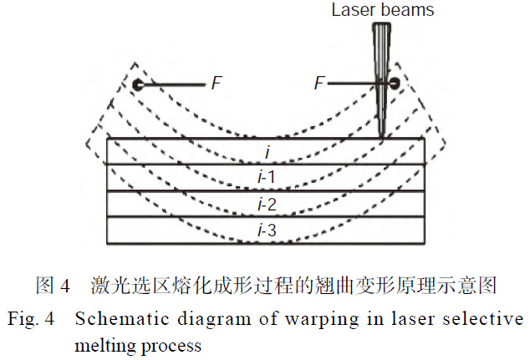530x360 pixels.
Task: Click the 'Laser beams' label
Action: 383,11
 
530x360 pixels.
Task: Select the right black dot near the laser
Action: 387,84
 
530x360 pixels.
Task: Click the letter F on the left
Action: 217,84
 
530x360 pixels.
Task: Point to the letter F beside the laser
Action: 319,84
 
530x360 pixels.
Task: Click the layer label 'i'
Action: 266,152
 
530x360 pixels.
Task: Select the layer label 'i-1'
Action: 266,178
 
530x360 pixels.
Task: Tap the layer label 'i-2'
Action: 266,204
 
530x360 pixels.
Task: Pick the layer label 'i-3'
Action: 266,230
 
